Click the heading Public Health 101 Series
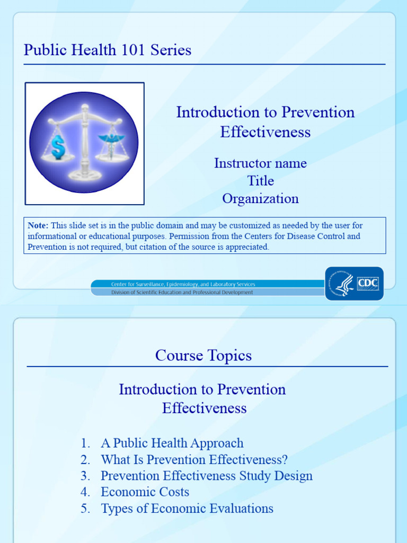[x=108, y=50]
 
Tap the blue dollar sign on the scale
[x=58, y=146]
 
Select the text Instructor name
[x=260, y=163]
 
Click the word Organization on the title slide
[x=260, y=199]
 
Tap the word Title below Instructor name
[x=260, y=181]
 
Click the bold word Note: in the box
[x=38, y=225]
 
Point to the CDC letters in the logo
[x=368, y=283]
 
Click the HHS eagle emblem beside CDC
[x=343, y=283]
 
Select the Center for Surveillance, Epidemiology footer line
[x=183, y=284]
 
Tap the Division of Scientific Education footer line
[x=182, y=292]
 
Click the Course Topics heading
[x=203, y=355]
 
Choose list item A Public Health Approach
[x=172, y=443]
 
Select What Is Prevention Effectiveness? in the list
[x=194, y=459]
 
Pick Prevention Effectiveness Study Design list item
[x=206, y=476]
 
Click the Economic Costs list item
[x=145, y=492]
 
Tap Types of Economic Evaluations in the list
[x=187, y=509]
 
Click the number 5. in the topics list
[x=85, y=509]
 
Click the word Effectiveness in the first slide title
[x=265, y=132]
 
